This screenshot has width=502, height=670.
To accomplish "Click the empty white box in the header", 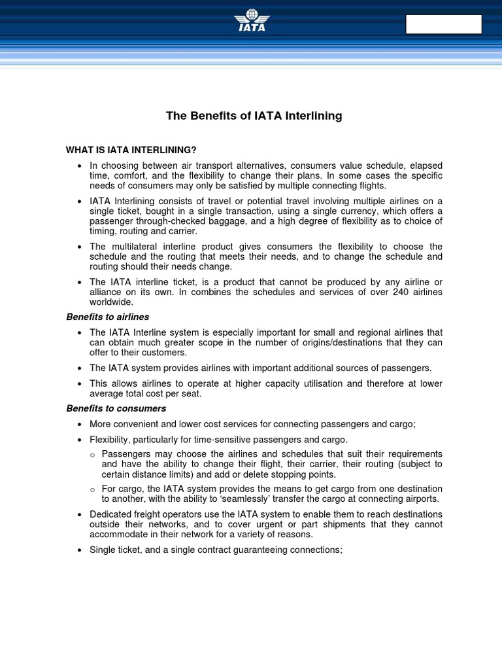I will [444, 24].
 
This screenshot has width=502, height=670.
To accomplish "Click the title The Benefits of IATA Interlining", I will [254, 116].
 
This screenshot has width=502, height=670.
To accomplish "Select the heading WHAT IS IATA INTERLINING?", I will [131, 150].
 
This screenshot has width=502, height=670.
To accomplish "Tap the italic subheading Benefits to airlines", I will [108, 317].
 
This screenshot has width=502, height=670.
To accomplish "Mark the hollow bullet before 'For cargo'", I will [93, 489].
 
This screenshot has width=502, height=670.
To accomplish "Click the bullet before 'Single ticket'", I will [78, 550].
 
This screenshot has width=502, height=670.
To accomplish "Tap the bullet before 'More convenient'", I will [78, 424].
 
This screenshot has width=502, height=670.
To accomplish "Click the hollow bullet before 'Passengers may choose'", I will [93, 455].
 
